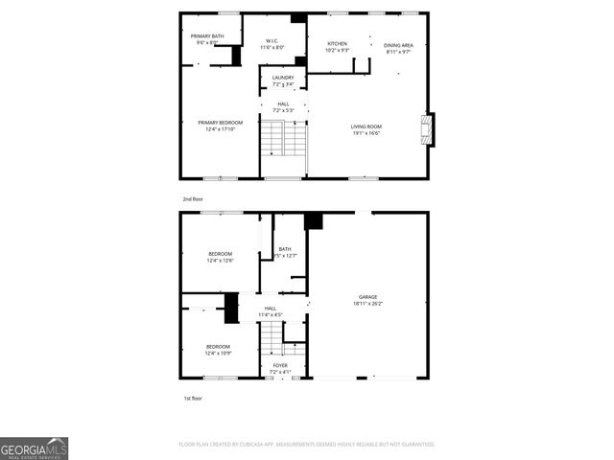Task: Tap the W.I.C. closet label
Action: (273, 40)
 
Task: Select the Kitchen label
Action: (337, 43)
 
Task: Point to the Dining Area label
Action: (398, 45)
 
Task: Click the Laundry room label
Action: (283, 78)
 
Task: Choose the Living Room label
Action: (366, 126)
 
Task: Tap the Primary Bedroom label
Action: (221, 123)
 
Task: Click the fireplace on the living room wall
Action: (429, 128)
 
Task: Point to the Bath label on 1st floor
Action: (285, 249)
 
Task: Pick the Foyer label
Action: (280, 365)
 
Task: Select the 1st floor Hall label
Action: (271, 308)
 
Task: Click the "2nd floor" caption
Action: (193, 198)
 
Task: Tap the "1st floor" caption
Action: (193, 398)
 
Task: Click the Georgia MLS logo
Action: (34, 448)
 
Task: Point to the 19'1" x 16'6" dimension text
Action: (366, 133)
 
